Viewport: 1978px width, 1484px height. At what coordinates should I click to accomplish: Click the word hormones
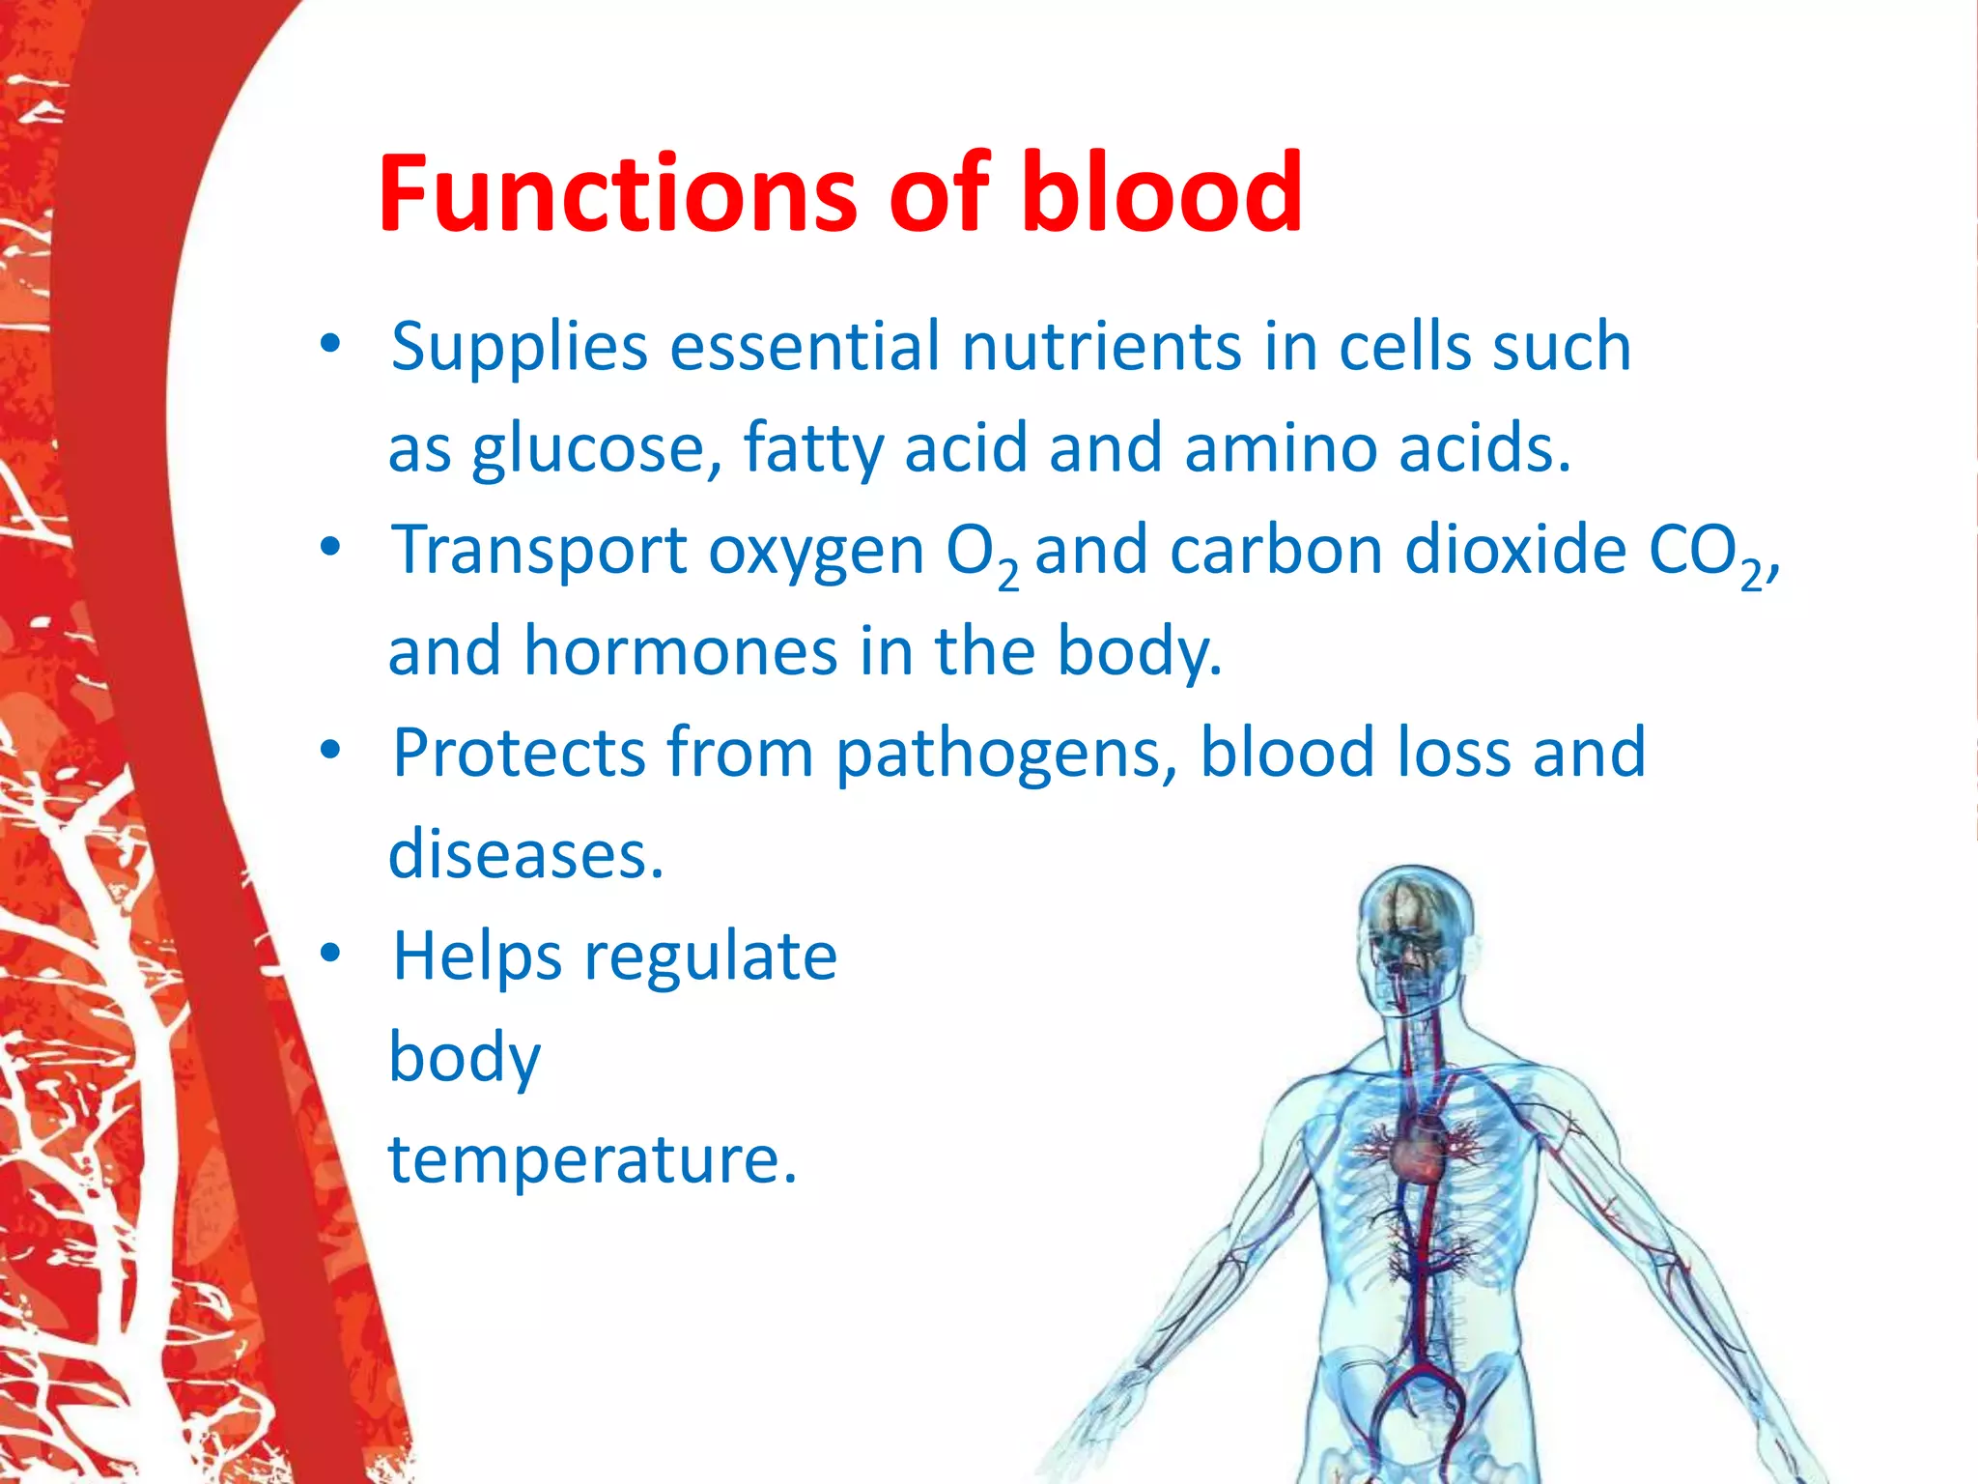[x=680, y=651]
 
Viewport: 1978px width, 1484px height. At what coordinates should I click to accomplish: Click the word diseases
[x=525, y=855]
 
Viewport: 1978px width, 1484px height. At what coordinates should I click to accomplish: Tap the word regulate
[x=711, y=958]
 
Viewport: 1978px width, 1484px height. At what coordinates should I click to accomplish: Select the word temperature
[x=592, y=1159]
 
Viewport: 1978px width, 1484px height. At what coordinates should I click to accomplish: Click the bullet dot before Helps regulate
[x=331, y=955]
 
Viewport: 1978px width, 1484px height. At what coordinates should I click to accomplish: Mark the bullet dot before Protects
[x=331, y=751]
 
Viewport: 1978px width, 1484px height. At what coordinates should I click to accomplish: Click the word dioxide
[x=1515, y=551]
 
